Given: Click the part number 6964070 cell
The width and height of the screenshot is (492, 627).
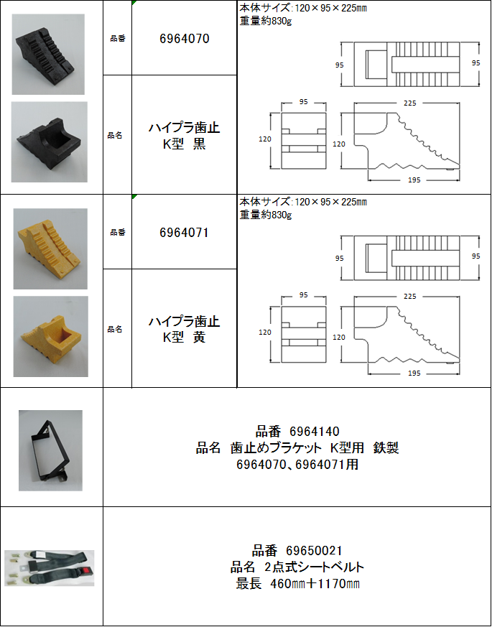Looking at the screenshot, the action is pyautogui.click(x=184, y=40).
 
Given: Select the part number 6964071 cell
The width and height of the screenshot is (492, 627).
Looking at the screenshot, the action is pyautogui.click(x=184, y=233).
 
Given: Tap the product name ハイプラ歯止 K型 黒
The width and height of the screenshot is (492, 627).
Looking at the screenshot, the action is pyautogui.click(x=184, y=136).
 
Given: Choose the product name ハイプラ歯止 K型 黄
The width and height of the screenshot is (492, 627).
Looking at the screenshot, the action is pyautogui.click(x=184, y=330).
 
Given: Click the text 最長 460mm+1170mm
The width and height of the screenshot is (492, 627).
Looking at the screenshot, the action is pyautogui.click(x=297, y=584).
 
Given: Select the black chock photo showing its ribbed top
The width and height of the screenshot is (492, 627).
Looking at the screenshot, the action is pyautogui.click(x=48, y=55).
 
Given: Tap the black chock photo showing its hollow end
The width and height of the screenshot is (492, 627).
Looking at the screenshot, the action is pyautogui.click(x=49, y=142).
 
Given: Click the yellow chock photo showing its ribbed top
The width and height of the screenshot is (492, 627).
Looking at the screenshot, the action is pyautogui.click(x=50, y=249).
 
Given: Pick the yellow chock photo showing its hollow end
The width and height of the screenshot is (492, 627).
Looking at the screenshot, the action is pyautogui.click(x=51, y=336).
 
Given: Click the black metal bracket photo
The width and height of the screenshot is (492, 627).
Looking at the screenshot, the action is pyautogui.click(x=50, y=450).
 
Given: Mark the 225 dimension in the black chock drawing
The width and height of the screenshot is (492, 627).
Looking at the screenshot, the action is pyautogui.click(x=410, y=103).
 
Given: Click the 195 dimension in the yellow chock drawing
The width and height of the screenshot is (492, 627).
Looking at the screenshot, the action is pyautogui.click(x=414, y=373).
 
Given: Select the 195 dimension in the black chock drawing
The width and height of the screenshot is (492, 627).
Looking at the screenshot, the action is pyautogui.click(x=414, y=180).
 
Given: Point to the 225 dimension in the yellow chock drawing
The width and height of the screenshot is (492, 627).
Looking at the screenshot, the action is pyautogui.click(x=410, y=297).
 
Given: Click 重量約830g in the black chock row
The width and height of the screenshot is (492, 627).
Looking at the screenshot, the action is pyautogui.click(x=266, y=22).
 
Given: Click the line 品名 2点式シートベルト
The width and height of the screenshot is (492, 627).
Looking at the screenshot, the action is pyautogui.click(x=297, y=567).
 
